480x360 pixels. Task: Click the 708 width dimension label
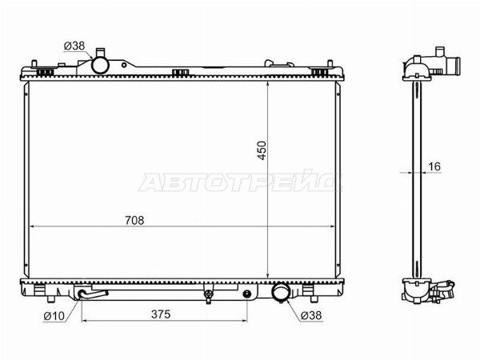click(134, 220)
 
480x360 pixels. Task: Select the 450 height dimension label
click(262, 150)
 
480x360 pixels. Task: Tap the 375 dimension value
click(161, 314)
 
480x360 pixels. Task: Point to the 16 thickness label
click(434, 166)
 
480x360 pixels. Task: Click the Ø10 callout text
click(54, 316)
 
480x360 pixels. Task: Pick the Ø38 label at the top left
click(74, 46)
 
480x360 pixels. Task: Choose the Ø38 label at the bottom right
click(311, 315)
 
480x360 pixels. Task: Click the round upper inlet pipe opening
click(100, 66)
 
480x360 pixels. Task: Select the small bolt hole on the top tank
click(124, 65)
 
